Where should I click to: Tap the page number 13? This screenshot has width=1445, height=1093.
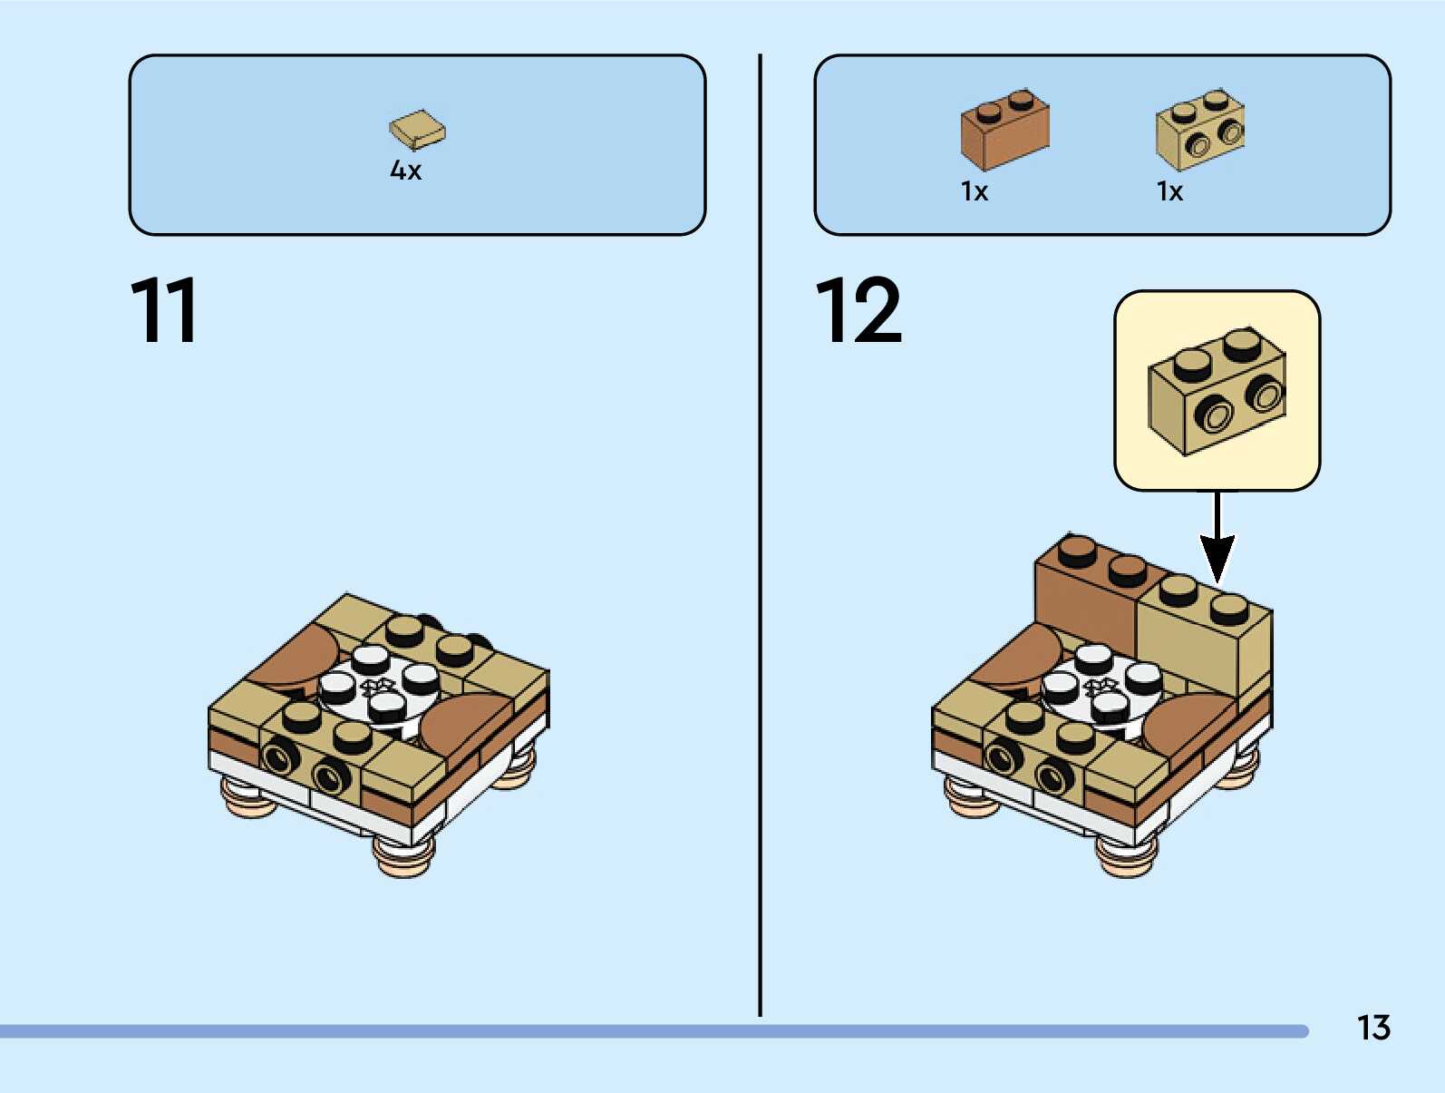1372,1028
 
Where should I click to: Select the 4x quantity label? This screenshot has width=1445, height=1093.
405,171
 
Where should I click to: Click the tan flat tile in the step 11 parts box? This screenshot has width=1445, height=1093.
417,130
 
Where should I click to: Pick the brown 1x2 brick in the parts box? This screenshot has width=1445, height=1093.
1004,130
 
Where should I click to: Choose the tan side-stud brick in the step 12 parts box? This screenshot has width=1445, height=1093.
1199,130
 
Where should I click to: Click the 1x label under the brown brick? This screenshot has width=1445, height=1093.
975,191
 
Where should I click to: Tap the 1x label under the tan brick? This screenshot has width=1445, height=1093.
1169,191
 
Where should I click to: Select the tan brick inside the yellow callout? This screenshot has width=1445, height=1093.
1217,391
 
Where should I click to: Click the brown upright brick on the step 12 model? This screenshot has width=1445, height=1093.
1085,590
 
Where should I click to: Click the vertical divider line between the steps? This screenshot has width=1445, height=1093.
760,535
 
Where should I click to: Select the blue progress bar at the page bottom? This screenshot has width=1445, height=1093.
653,1031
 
